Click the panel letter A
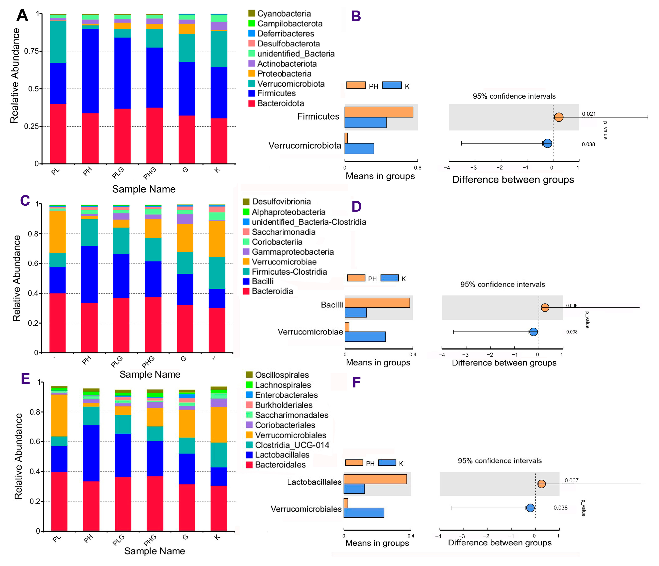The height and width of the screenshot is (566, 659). point(22,15)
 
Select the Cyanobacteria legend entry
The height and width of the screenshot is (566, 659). point(284,14)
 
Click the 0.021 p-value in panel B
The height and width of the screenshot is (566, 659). point(589,114)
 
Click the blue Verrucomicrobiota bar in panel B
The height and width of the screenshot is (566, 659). point(359,149)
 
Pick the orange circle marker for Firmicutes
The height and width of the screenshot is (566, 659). point(559,117)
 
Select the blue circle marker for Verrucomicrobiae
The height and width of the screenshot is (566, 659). point(533,332)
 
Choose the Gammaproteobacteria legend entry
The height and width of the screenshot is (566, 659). point(293,252)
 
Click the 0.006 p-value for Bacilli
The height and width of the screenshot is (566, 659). point(572,306)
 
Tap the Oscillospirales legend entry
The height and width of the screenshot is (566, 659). point(281,375)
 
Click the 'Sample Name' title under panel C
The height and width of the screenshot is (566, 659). point(150,374)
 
